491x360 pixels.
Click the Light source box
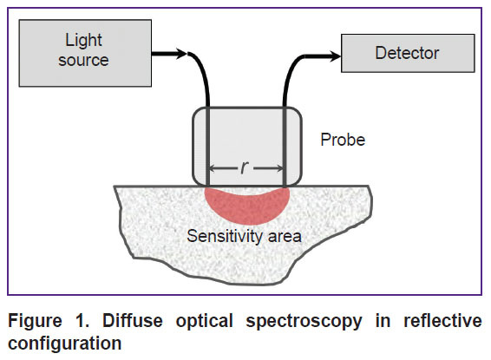point(85,53)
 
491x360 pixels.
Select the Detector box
point(408,53)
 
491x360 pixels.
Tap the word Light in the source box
point(83,40)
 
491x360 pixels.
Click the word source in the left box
point(83,60)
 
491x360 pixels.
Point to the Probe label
point(343,140)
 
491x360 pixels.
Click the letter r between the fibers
point(245,167)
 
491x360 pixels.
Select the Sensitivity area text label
point(244,236)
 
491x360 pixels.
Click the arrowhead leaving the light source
point(181,53)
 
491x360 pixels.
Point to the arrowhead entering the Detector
point(335,56)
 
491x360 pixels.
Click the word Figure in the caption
point(35,321)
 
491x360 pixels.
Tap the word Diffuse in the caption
point(133,321)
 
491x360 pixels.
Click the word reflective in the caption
point(442,321)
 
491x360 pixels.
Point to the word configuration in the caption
point(65,344)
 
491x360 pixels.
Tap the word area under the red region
point(285,237)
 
